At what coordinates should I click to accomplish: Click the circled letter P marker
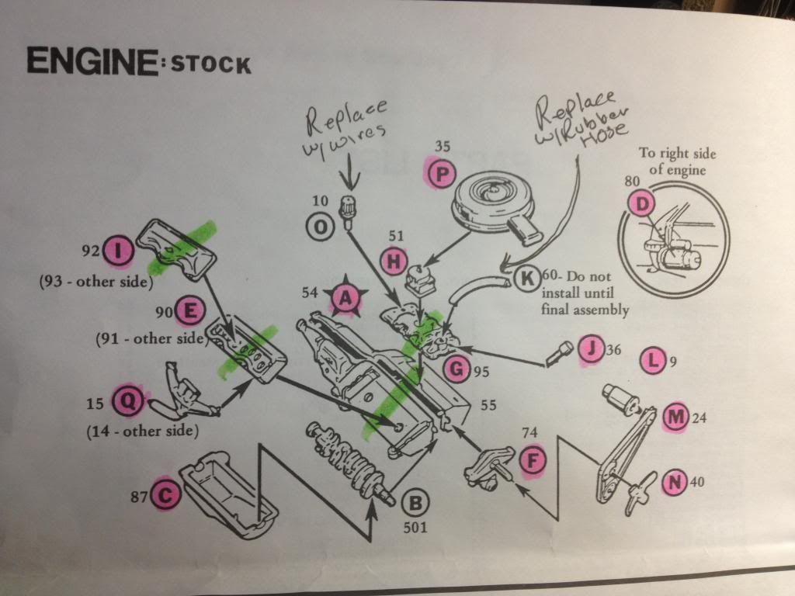click(442, 175)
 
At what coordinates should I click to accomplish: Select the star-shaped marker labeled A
click(345, 299)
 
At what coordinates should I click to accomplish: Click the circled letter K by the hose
click(527, 279)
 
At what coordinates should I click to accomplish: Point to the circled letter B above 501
click(415, 503)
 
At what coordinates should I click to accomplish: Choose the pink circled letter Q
click(130, 401)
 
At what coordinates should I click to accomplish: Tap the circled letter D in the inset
click(642, 204)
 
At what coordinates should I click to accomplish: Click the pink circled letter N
click(675, 482)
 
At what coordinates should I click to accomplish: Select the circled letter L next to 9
click(654, 361)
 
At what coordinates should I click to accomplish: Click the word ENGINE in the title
click(92, 61)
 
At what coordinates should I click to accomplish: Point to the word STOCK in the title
click(211, 64)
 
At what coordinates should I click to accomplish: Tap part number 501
click(415, 528)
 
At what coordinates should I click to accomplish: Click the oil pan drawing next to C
click(231, 494)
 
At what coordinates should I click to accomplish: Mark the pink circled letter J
click(591, 349)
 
